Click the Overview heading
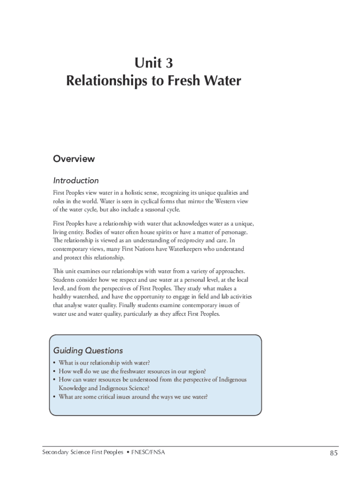(74, 159)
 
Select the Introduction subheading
(76, 181)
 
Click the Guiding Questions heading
(88, 350)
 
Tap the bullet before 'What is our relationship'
(55, 363)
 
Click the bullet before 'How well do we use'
(55, 371)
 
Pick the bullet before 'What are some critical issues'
(55, 397)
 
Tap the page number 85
(333, 453)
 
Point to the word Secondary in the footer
(55, 452)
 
